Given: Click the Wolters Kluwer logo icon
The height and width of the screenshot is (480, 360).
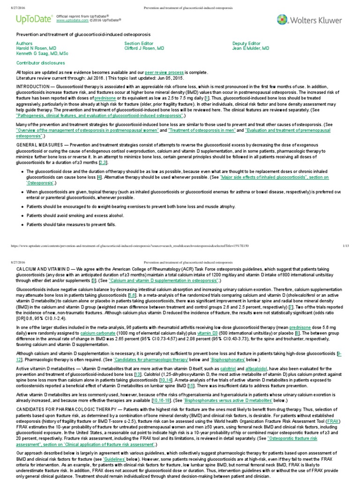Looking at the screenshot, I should point(283,19).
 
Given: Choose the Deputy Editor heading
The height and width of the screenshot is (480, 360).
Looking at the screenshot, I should point(246,43).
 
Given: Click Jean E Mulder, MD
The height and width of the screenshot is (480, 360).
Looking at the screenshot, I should point(251,48).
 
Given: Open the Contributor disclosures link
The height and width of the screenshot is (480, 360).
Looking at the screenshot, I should point(41,62).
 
